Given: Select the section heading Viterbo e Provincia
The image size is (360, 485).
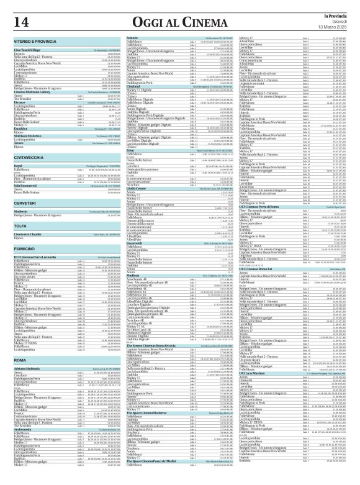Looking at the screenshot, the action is [x=39, y=40].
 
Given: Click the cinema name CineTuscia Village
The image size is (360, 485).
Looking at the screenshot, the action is [x=28, y=48].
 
